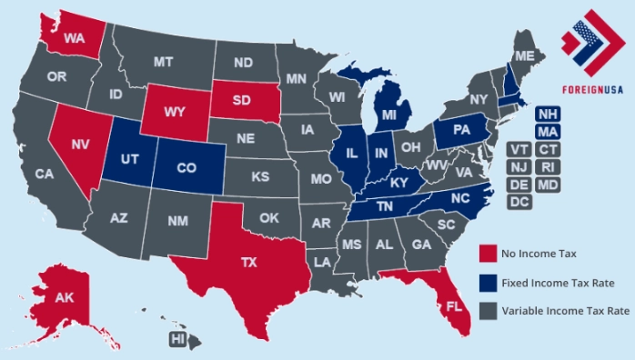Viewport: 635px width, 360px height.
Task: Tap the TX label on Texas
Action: point(248,262)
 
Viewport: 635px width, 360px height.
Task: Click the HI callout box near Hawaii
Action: point(179,339)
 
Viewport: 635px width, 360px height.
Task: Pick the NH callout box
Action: point(547,114)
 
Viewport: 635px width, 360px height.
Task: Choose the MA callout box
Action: point(547,132)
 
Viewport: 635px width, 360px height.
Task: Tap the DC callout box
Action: point(519,202)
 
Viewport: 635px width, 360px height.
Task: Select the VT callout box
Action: point(519,149)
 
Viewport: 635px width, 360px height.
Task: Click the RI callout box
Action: point(547,167)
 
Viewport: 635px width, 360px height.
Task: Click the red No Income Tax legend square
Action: point(488,253)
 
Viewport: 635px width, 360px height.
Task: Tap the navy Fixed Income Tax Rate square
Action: point(488,281)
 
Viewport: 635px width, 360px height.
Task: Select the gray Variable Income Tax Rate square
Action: point(488,310)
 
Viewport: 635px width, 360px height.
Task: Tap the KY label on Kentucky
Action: point(397,183)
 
